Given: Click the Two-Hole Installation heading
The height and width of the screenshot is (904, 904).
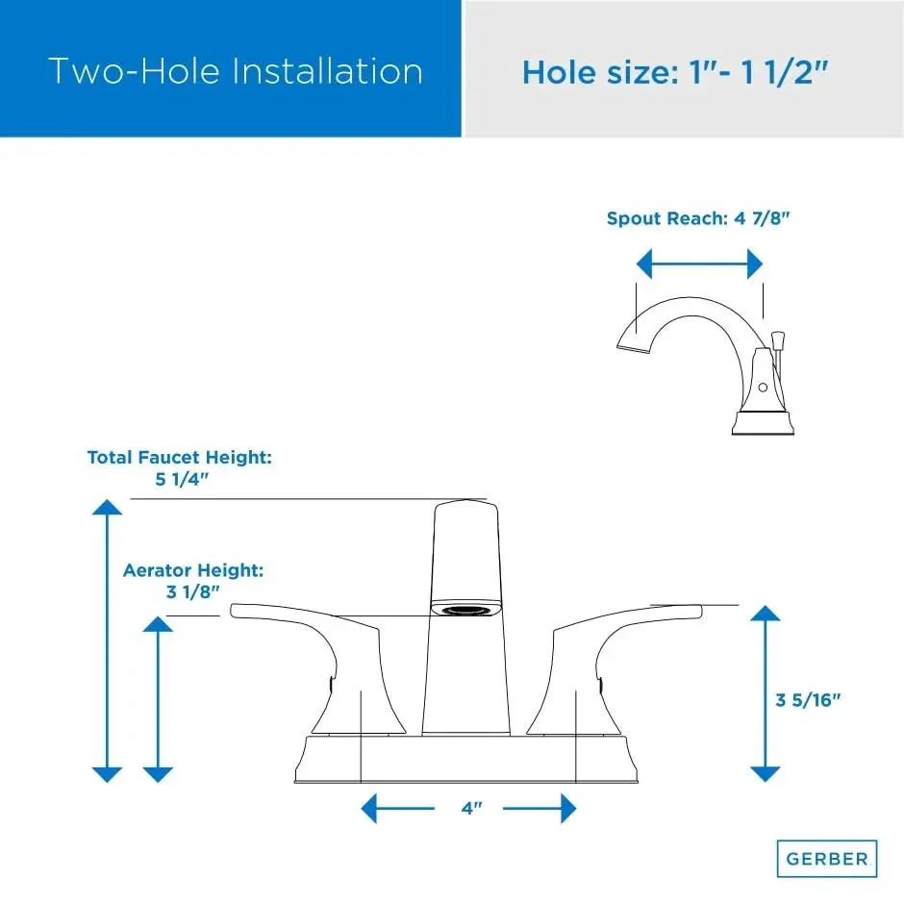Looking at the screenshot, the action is (x=236, y=71).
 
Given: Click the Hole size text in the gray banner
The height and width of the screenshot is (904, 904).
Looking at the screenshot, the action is (x=675, y=73).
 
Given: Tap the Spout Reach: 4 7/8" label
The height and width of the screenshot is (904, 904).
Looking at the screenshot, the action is (x=697, y=218).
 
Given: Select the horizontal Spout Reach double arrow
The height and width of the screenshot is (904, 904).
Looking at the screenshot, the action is (x=699, y=264).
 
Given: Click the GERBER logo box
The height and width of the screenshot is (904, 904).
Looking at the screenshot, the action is (x=827, y=859).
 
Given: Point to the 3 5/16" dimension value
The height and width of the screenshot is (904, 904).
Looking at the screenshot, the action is (x=808, y=700).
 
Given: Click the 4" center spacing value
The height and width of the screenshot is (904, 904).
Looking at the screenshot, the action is (x=471, y=808).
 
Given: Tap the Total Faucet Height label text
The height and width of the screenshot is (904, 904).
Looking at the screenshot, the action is (x=179, y=457).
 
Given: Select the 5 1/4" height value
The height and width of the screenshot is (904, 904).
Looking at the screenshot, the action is (x=182, y=479).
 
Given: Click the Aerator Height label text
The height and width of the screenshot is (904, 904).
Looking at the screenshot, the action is (x=193, y=570).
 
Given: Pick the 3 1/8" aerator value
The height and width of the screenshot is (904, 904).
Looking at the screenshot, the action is (x=193, y=591).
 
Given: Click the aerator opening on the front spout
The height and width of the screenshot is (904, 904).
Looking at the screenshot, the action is (x=465, y=609).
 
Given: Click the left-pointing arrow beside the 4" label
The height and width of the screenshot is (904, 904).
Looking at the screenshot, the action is (x=397, y=808).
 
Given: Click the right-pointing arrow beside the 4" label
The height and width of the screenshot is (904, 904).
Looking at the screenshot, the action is (x=540, y=808).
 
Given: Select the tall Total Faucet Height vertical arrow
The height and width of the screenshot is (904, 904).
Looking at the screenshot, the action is (x=108, y=640).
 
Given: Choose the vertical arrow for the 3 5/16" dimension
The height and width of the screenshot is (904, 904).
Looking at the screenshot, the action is (x=766, y=693).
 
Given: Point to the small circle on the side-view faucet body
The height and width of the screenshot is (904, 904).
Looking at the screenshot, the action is (x=763, y=388).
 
